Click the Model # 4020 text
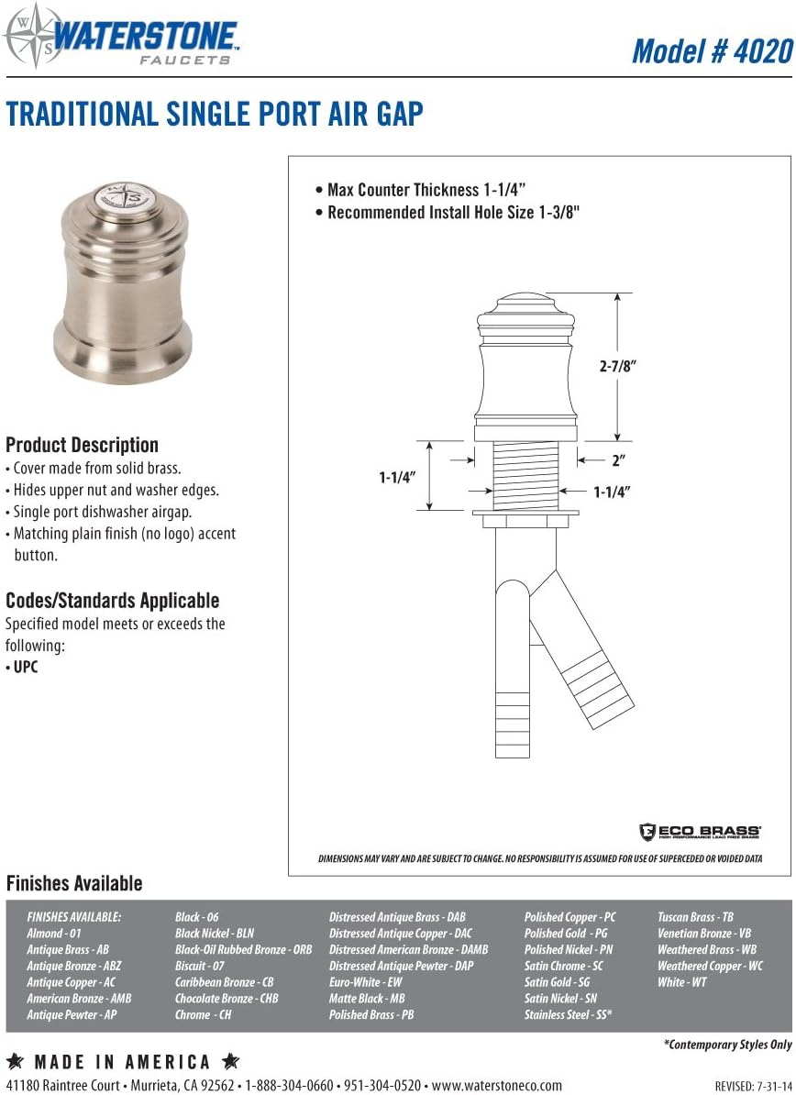[x=711, y=50]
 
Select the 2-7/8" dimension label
[x=617, y=365]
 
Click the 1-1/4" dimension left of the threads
[x=397, y=477]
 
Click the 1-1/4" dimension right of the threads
[x=612, y=492]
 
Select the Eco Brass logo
[x=700, y=832]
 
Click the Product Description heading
[x=82, y=445]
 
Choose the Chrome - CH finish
[x=203, y=1014]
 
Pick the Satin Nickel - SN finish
[x=560, y=998]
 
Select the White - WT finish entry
[x=681, y=982]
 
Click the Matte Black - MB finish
[x=367, y=998]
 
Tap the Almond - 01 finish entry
[x=54, y=933]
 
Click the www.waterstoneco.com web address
[x=496, y=1085]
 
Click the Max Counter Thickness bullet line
[x=420, y=190]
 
